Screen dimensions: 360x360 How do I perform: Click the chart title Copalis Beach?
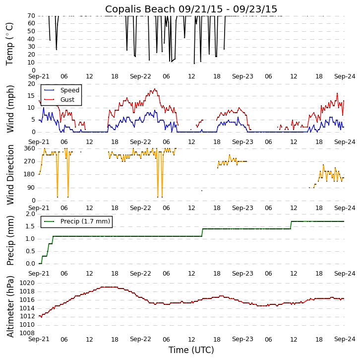tap(191, 9)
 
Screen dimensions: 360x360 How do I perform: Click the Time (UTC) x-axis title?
tap(191, 350)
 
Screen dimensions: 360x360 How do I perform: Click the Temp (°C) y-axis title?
tap(10, 43)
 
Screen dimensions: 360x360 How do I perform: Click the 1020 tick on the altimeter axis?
tap(27, 283)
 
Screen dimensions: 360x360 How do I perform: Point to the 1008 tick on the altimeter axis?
tap(27, 333)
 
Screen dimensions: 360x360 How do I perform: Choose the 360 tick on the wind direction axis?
tap(29, 148)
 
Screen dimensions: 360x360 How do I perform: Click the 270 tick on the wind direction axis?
tap(29, 161)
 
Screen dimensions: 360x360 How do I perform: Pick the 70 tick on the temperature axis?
tap(31, 15)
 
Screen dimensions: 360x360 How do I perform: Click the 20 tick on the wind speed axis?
tap(31, 83)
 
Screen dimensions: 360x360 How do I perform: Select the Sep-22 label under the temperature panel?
tap(140, 76)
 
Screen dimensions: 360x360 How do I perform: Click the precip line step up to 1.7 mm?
tap(291, 225)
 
